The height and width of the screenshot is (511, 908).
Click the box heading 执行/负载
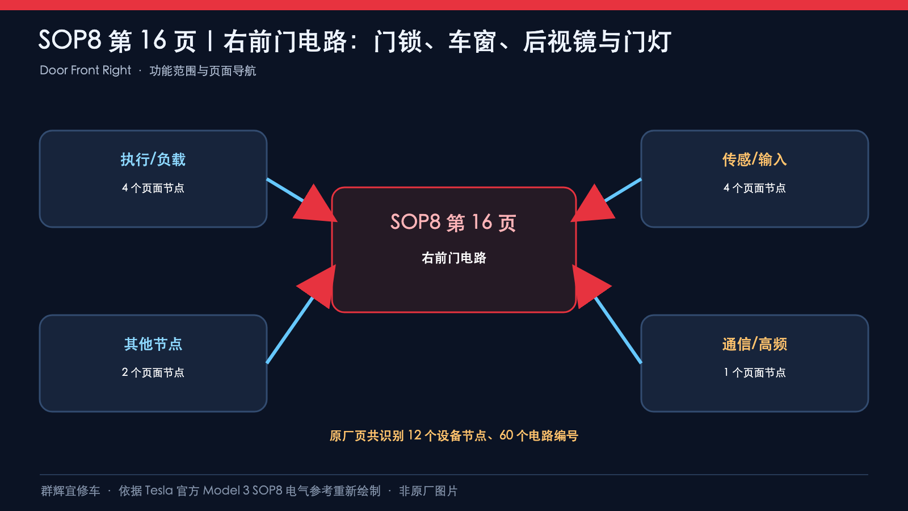[x=153, y=160]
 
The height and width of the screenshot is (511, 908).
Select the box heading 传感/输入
[x=754, y=160]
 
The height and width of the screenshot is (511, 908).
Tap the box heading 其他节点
[x=153, y=344]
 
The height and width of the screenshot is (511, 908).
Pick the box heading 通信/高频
[x=754, y=344]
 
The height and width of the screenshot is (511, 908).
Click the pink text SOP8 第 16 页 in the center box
[x=453, y=222]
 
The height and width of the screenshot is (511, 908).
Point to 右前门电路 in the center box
[x=453, y=258]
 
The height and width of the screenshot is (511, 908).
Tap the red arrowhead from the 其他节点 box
[x=317, y=287]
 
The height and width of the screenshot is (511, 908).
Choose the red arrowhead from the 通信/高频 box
[x=591, y=287]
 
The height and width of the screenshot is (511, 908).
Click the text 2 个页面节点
[x=153, y=372]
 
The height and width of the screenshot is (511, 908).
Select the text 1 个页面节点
[x=754, y=372]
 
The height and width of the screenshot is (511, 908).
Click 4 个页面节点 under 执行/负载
[x=153, y=188]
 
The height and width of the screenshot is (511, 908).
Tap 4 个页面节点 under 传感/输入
[x=754, y=188]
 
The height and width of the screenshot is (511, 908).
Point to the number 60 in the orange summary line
[x=506, y=435]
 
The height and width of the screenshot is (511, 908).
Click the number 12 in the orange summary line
[x=415, y=435]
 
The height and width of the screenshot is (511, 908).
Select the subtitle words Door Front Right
[x=85, y=70]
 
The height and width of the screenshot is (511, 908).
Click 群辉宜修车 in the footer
[x=70, y=491]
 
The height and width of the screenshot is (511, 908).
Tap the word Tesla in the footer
[x=159, y=491]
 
